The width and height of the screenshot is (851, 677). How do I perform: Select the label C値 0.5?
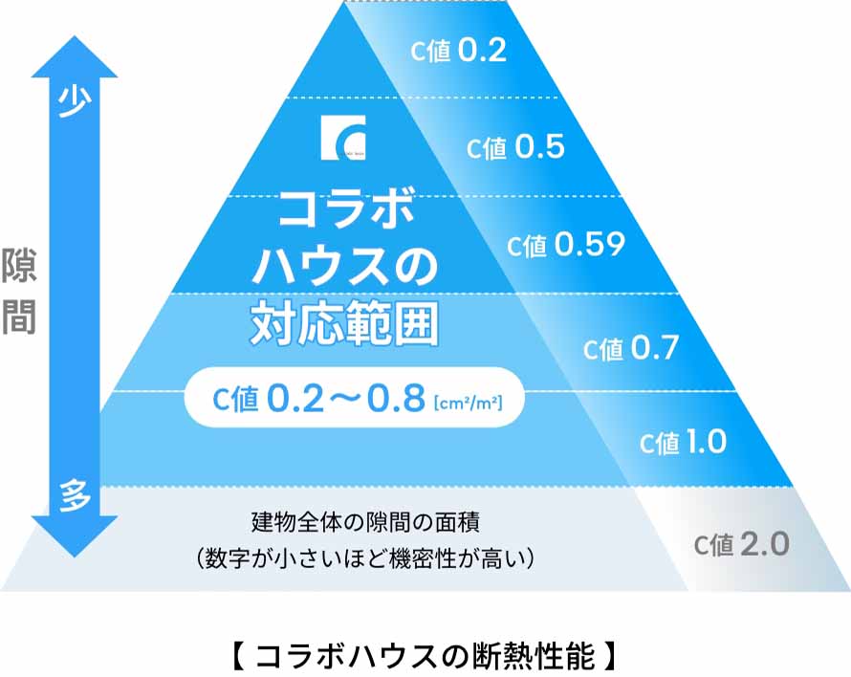coord(515,147)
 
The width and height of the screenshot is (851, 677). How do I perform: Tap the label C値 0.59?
coord(566,246)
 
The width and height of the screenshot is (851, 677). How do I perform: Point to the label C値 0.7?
coord(631,349)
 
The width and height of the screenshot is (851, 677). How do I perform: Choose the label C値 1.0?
coord(683,443)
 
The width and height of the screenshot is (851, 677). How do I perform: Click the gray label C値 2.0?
coord(742,544)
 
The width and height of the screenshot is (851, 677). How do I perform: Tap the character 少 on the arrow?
coord(75,101)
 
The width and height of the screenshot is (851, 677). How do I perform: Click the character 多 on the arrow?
coord(75,496)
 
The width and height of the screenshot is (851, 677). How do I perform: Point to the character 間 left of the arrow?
coord(18,317)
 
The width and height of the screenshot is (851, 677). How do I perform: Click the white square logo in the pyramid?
coord(343,140)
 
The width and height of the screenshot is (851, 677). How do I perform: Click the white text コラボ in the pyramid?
coord(345,209)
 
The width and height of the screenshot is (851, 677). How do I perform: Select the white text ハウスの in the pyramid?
coord(344,267)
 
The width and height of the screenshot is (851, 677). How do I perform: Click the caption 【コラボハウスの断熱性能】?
coord(426,657)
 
